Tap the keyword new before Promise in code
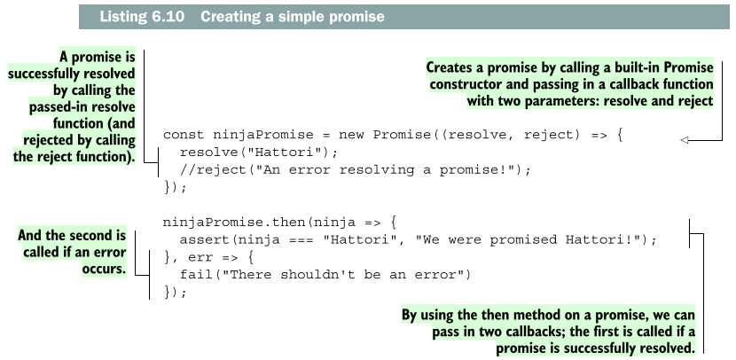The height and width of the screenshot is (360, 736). (353, 136)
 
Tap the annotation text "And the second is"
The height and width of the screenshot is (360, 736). (73, 235)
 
